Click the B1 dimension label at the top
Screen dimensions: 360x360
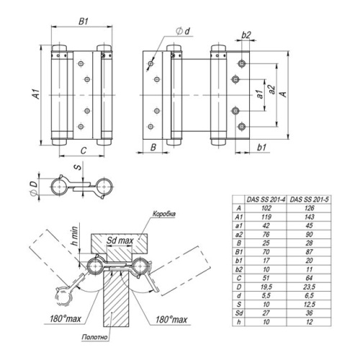84,22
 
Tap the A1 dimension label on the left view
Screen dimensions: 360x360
36,94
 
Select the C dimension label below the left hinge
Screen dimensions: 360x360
84,150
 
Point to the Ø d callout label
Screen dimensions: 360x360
183,31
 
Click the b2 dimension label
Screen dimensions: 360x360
246,35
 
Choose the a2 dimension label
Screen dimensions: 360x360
272,89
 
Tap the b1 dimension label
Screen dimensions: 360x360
261,147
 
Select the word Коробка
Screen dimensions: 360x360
164,214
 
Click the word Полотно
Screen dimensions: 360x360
94,337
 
